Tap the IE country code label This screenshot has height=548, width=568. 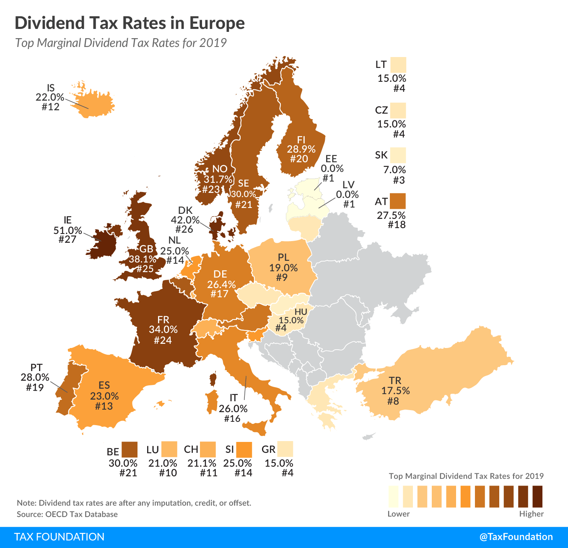tap(67, 220)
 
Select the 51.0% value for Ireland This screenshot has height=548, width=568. tap(67, 230)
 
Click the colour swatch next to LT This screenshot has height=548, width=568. tap(398, 65)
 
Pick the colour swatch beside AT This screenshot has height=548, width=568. tap(398, 201)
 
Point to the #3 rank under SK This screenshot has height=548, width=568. tap(399, 180)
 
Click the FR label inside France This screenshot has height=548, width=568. tap(163, 320)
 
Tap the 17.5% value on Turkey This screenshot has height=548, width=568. tap(395, 391)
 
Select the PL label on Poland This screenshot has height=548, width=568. tap(283, 257)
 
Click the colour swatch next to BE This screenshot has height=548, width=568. tap(130, 449)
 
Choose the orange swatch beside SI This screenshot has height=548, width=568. tap(244, 449)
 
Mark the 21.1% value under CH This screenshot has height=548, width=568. tap(202, 463)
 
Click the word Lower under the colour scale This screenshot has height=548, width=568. tap(398, 514)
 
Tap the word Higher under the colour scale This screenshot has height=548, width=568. tap(531, 514)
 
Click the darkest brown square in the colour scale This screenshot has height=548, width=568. tap(537, 496)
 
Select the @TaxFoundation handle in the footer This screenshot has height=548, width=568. tap(516, 537)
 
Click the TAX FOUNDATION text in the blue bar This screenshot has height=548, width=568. tap(59, 537)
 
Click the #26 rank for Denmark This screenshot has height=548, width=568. tap(184, 229)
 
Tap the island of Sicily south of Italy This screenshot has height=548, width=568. tap(257, 428)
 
